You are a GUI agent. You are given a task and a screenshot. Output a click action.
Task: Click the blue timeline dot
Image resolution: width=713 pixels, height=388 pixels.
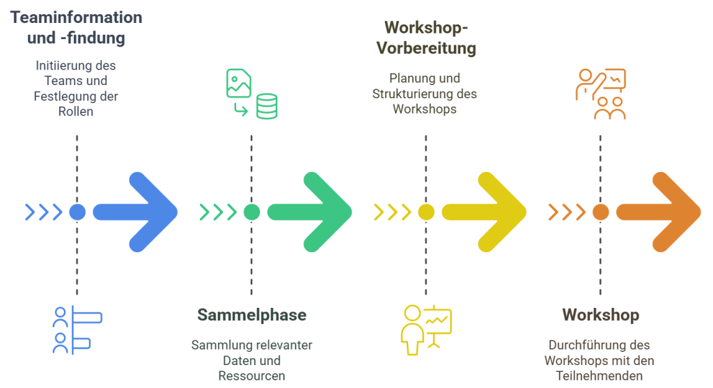coord(77,212)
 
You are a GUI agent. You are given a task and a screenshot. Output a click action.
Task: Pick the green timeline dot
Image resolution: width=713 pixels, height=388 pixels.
coord(251,212)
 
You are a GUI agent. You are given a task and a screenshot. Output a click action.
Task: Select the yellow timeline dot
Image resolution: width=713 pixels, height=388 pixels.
coord(426,212)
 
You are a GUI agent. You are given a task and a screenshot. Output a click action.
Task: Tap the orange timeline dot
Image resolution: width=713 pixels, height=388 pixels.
coord(600,212)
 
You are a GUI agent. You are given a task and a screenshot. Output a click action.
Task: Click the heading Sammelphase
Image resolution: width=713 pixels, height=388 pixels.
coord(251,315)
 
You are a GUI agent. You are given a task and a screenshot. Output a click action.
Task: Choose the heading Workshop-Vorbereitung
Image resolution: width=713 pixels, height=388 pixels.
coord(426,38)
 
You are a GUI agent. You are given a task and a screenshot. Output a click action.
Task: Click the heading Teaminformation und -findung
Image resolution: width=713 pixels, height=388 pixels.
coord(77,27)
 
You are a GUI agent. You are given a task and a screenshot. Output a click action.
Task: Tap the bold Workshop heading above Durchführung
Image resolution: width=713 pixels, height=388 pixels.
coord(600,315)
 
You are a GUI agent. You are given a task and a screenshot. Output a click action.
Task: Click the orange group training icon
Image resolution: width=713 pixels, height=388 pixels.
coord(600,94)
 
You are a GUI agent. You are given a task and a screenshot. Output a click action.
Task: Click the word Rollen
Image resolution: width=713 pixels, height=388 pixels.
coord(77,111)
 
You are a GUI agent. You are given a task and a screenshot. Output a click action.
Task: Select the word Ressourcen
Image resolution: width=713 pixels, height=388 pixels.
coord(251,375)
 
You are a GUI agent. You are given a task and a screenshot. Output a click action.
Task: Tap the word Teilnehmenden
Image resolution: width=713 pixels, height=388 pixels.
coord(600,375)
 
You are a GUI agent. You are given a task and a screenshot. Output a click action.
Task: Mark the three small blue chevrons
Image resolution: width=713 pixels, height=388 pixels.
coord(43,212)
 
